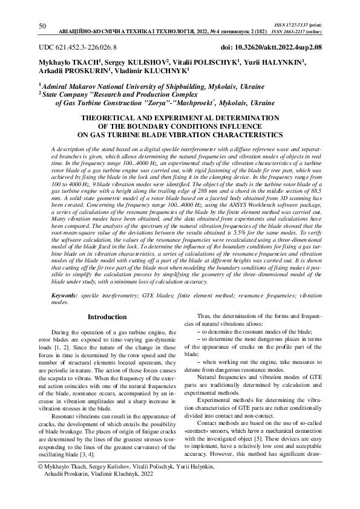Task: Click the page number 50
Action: (x=42, y=26)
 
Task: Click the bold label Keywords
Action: (x=64, y=295)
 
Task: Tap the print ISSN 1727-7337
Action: (x=307, y=21)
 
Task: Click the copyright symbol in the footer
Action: (x=40, y=468)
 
